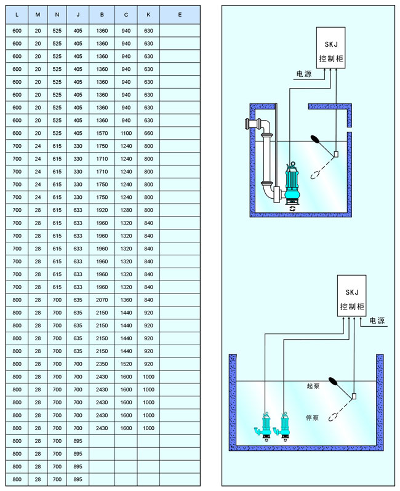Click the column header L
17,14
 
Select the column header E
179,14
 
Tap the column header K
148,14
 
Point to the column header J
78,14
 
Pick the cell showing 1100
126,133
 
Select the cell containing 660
148,133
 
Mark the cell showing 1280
126,210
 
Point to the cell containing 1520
126,364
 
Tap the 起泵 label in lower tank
313,386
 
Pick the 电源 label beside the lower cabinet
377,321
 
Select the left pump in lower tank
266,424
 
